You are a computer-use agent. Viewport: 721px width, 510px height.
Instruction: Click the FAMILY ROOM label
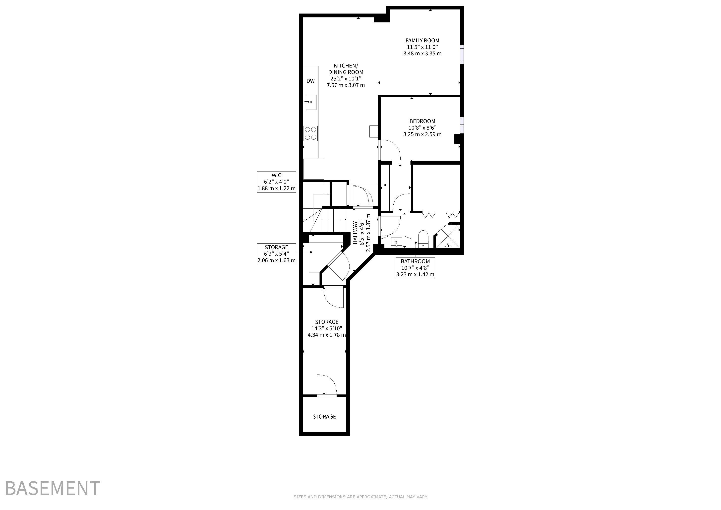[x=422, y=41]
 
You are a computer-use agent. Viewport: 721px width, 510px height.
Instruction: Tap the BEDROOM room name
[x=422, y=121]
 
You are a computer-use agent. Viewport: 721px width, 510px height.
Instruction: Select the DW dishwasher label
[x=310, y=81]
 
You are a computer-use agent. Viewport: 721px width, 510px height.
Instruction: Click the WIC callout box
[x=276, y=182]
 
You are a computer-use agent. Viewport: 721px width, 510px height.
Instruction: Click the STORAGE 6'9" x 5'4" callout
[x=276, y=254]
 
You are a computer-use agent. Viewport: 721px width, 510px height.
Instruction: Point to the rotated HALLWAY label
[x=355, y=233]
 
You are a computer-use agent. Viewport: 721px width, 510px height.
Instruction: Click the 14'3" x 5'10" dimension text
[x=327, y=328]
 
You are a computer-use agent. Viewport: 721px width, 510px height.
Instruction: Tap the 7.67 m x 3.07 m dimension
[x=346, y=85]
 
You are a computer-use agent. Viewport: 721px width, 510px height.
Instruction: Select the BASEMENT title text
[x=53, y=488]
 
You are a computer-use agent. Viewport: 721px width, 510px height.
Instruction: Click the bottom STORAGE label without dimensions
[x=324, y=417]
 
